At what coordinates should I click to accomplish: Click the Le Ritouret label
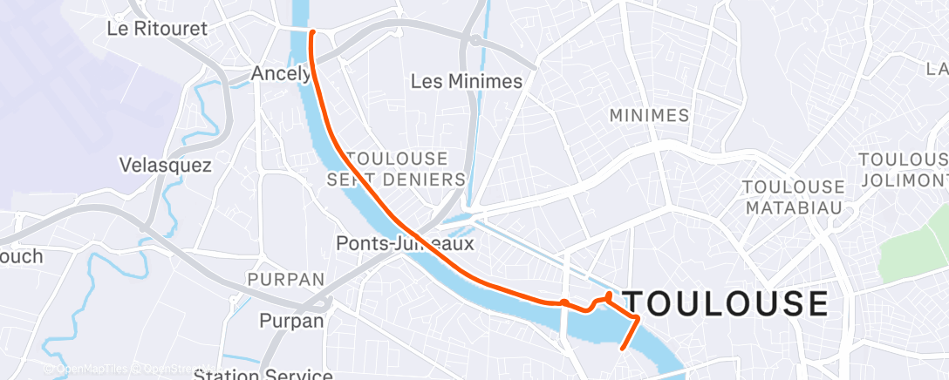(157, 28)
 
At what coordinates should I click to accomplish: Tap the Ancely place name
(280, 74)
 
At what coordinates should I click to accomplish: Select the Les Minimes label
(466, 82)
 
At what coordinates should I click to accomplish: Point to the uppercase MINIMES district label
(649, 115)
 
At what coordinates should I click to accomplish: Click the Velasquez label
(165, 166)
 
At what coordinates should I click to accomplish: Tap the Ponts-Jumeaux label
(406, 244)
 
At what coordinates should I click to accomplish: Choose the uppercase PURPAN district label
(286, 280)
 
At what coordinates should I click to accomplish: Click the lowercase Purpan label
(291, 321)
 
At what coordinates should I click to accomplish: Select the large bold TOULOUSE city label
(723, 303)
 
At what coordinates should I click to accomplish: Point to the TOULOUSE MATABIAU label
(793, 197)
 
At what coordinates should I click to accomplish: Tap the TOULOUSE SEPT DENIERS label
(397, 169)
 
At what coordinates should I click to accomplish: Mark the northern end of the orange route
(312, 31)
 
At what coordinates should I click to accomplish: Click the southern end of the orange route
(622, 349)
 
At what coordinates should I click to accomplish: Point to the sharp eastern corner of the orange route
(638, 319)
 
